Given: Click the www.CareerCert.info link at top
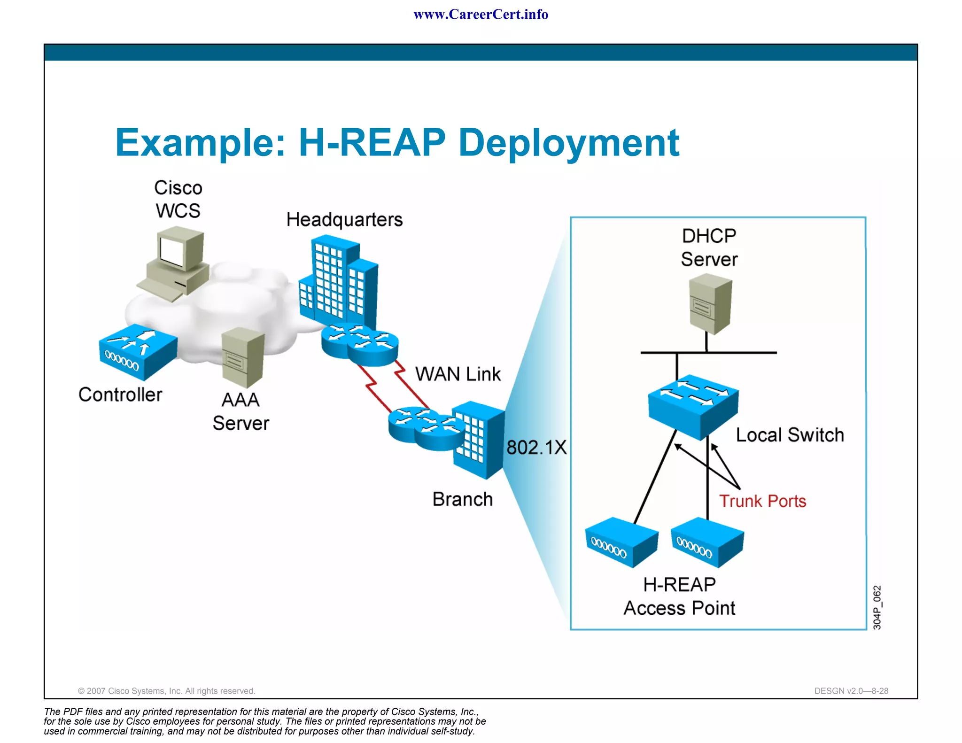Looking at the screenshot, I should (481, 15).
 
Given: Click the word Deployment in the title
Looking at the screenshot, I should (568, 143).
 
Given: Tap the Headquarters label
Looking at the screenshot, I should (344, 220).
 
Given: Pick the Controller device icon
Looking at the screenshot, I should (138, 352).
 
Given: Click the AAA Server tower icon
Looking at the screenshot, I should (243, 357).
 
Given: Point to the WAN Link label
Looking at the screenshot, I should (458, 374).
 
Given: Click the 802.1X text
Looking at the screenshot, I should (536, 447).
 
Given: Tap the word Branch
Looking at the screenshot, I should (462, 499).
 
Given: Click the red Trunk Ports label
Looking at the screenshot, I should (762, 501).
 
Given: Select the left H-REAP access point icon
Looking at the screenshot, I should (621, 542).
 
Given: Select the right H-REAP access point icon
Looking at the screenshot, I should (707, 542).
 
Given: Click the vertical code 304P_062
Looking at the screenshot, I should (877, 607).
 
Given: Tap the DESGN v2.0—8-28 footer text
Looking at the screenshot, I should (851, 691).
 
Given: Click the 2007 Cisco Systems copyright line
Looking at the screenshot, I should (166, 691).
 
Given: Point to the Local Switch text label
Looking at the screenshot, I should (790, 435).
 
